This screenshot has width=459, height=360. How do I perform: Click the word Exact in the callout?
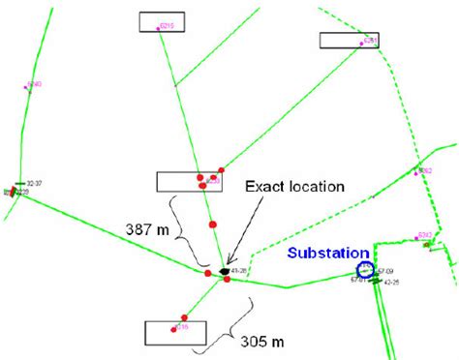pyautogui.click(x=264, y=185)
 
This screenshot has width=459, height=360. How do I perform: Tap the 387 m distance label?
pyautogui.click(x=146, y=231)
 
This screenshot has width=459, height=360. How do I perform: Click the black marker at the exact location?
pyautogui.click(x=226, y=271)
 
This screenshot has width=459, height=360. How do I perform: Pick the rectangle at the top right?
pyautogui.click(x=348, y=40)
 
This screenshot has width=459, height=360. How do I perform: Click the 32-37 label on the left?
pyautogui.click(x=38, y=182)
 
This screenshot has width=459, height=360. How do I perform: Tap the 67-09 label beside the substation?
pyautogui.click(x=385, y=270)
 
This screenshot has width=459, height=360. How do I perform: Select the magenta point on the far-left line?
pyautogui.click(x=28, y=87)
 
